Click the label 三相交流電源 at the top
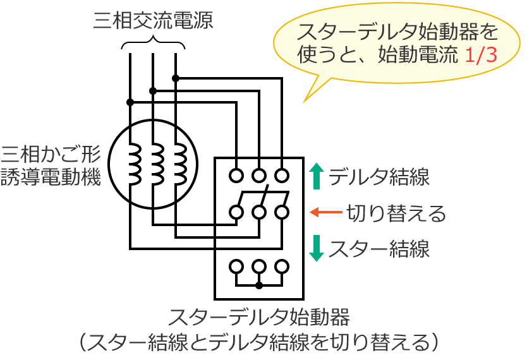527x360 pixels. [x=153, y=20]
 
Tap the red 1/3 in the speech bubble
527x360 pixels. [x=481, y=55]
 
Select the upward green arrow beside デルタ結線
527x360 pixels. [x=317, y=176]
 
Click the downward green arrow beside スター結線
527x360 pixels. [x=317, y=248]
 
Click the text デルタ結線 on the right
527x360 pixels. [x=379, y=177]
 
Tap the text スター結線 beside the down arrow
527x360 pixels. [x=379, y=248]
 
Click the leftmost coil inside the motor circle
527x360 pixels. [x=135, y=164]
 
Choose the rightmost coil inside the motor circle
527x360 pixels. [x=179, y=164]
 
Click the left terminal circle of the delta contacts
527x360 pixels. [x=236, y=174]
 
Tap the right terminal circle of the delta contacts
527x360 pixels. [x=282, y=174]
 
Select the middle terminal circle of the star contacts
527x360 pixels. [x=259, y=265]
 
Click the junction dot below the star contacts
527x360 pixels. [x=259, y=285]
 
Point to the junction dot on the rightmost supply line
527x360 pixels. [x=176, y=78]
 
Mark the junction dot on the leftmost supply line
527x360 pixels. [x=130, y=102]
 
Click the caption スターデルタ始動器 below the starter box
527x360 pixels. [x=260, y=316]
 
